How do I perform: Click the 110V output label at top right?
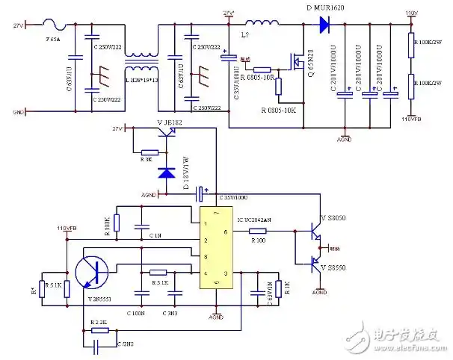410,13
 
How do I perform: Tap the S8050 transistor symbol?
315,229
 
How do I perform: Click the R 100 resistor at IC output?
259,232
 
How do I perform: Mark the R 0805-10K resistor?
277,86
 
